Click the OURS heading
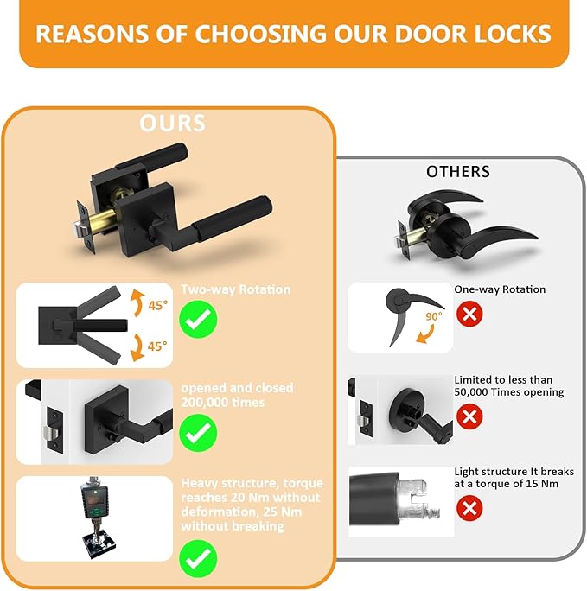pyautogui.click(x=173, y=123)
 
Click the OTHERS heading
pyautogui.click(x=457, y=172)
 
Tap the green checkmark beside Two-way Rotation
pyautogui.click(x=198, y=320)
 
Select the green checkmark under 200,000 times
pyautogui.click(x=198, y=431)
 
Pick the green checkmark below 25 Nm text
pyautogui.click(x=198, y=556)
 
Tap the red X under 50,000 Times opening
pyautogui.click(x=469, y=417)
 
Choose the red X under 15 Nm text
pyautogui.click(x=469, y=508)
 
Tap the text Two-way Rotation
pyautogui.click(x=223, y=290)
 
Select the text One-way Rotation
pyautogui.click(x=500, y=289)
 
